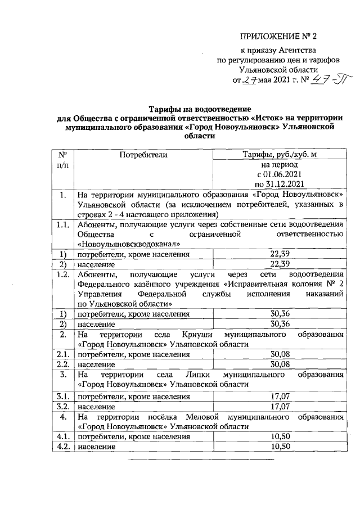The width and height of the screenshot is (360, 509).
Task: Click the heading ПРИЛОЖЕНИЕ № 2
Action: click(278, 37)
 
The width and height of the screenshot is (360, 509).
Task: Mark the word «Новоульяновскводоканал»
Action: click(129, 244)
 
